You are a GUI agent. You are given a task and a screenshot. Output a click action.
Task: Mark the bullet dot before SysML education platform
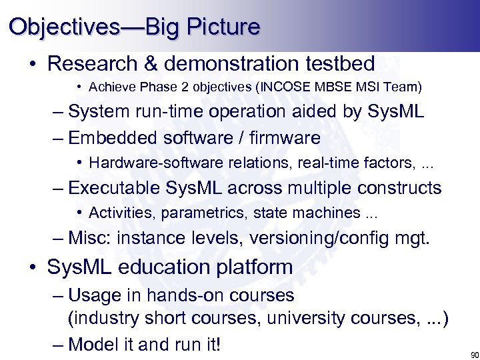pyautogui.click(x=33, y=268)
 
